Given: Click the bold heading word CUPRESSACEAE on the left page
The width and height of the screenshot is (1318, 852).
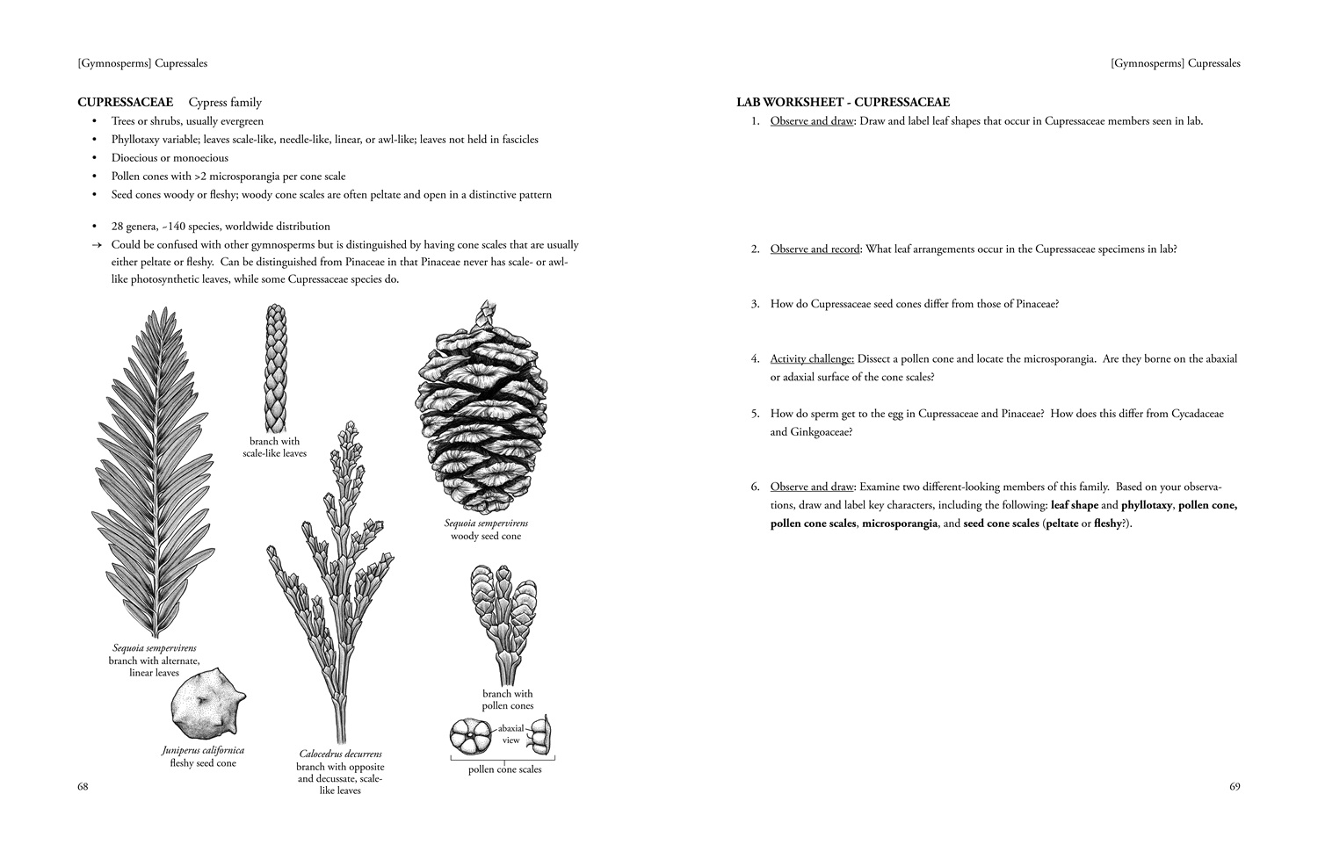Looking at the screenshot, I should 125,103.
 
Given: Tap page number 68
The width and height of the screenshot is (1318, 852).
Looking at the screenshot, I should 83,787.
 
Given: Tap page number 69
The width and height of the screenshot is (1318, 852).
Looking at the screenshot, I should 1235,787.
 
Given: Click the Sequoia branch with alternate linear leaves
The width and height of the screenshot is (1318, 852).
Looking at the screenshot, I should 152,474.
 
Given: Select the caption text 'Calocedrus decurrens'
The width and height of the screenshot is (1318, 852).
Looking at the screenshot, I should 340,754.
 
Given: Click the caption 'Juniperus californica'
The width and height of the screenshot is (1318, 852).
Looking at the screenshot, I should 203,750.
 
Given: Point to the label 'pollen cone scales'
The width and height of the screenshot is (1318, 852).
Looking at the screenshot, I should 504,769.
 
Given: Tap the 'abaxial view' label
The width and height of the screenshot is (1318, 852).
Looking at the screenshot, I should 511,734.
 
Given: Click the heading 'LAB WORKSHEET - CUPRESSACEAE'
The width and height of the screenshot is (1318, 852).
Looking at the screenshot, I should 843,103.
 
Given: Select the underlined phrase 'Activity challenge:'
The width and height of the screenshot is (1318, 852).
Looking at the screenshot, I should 812,358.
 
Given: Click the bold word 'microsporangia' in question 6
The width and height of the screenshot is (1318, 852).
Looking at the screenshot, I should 899,523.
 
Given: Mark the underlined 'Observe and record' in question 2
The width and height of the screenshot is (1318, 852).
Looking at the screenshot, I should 815,249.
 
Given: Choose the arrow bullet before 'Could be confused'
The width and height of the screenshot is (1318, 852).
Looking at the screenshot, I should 97,245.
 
